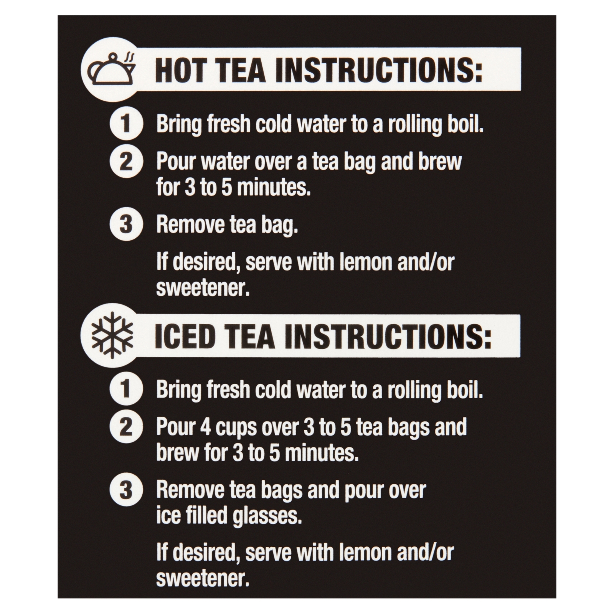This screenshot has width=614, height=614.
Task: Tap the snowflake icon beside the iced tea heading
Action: [x=112, y=335]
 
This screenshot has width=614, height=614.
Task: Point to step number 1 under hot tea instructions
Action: [x=126, y=124]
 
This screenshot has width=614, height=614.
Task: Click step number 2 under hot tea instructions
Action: [x=126, y=162]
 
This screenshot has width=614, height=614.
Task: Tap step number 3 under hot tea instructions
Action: [x=126, y=224]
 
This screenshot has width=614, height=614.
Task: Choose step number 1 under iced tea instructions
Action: [x=126, y=389]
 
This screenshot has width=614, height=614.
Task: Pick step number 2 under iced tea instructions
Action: [x=126, y=427]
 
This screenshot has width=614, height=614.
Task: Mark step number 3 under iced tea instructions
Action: [x=126, y=490]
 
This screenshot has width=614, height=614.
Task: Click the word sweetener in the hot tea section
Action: [x=203, y=288]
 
